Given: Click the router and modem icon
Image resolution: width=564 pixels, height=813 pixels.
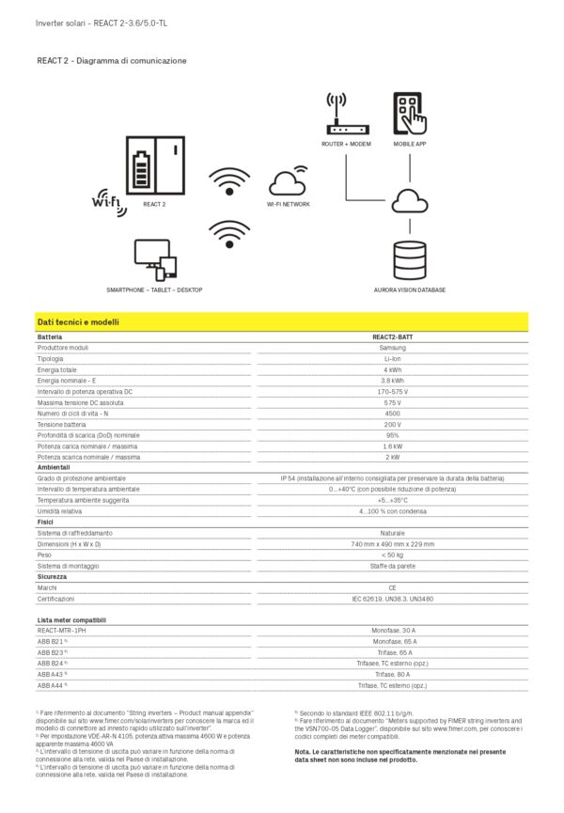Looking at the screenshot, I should coord(346,115).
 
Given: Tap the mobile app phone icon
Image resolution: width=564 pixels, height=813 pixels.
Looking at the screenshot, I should coord(410,114).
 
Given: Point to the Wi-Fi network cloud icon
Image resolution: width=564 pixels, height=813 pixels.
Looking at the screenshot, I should coord(288,180).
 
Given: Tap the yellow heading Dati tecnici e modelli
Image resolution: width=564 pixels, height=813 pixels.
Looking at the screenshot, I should coord(78,322).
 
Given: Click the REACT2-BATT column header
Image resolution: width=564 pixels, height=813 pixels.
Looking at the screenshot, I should coord(392,336).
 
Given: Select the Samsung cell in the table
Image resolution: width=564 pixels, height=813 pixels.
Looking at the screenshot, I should coord(392,348).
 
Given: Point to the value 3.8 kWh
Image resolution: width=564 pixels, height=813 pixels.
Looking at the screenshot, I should coord(392,381).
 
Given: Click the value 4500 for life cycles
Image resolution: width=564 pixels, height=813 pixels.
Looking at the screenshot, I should coord(392,414).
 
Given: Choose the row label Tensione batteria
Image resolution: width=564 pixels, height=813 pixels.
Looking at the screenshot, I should coord(62,425).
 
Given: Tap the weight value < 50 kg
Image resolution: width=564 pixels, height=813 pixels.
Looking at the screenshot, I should coord(392,555).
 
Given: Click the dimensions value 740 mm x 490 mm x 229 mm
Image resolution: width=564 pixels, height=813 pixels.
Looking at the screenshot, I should coord(392,544).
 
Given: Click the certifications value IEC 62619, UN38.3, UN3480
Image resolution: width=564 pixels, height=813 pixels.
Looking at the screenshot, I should coord(392,599).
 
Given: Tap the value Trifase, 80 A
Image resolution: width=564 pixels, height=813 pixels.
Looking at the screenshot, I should coord(392,675).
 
